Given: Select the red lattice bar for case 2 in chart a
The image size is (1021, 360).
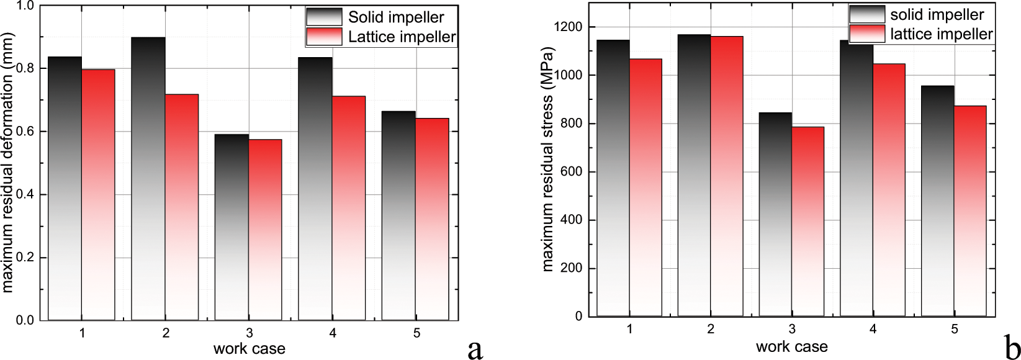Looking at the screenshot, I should pyautogui.click(x=182, y=207).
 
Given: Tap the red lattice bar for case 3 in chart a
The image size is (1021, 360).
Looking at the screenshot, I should pyautogui.click(x=265, y=230).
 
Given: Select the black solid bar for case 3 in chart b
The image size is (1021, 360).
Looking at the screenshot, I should pyautogui.click(x=775, y=215).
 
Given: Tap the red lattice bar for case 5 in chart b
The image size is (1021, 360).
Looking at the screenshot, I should pyautogui.click(x=970, y=211).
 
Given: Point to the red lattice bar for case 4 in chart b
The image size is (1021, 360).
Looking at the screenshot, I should pyautogui.click(x=889, y=190).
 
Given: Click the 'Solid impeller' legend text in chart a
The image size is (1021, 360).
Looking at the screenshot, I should pyautogui.click(x=396, y=17).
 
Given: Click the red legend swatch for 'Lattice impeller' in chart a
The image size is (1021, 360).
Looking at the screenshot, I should pyautogui.click(x=324, y=37).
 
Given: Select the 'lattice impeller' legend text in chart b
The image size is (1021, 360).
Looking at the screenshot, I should pyautogui.click(x=941, y=34).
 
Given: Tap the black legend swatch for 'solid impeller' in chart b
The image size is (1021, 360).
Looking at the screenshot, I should pyautogui.click(x=866, y=14).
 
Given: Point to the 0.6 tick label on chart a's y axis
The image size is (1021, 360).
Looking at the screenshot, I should pyautogui.click(x=26, y=132).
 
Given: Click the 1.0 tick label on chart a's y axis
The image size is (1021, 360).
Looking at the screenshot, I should pyautogui.click(x=26, y=6).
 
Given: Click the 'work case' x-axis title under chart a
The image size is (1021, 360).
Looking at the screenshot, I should pyautogui.click(x=249, y=349).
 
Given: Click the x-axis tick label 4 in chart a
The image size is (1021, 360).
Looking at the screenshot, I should pyautogui.click(x=333, y=333).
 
